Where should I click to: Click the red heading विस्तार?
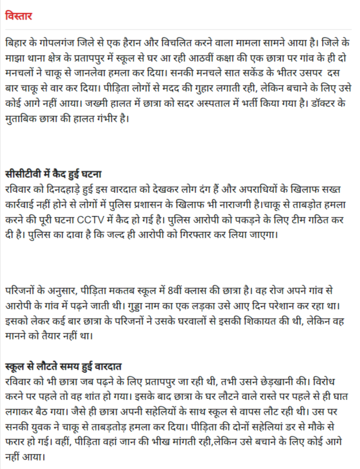click(18, 16)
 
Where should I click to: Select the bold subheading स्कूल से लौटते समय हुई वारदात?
click(67, 364)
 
